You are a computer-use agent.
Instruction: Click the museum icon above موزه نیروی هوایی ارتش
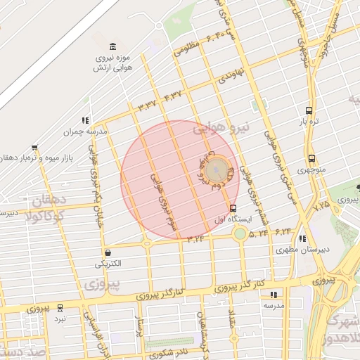113,46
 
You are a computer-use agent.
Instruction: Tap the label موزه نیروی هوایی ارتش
112,63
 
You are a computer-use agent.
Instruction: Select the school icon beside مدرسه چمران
85,120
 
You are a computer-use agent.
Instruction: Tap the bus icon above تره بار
309,110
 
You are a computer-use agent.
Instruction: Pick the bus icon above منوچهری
311,158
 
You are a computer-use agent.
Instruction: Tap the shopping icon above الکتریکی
108,252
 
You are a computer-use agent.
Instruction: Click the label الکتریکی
108,264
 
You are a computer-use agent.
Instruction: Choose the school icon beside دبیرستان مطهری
302,238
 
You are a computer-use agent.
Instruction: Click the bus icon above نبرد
60,307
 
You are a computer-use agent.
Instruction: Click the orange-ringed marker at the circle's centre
217,169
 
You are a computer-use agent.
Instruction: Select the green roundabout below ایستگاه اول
240,233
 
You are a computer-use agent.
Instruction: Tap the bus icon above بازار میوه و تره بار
34,148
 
